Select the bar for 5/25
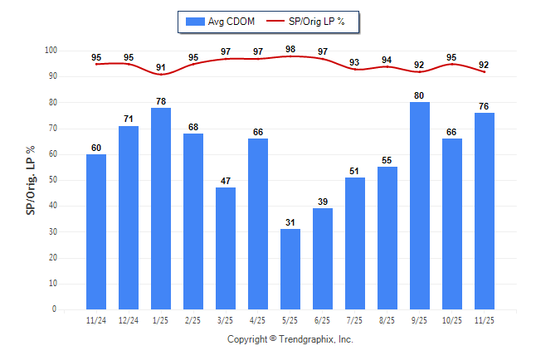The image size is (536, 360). [290, 269]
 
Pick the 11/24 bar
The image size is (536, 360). [96, 231]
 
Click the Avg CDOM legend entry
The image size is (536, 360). [219, 22]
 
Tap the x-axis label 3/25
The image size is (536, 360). [226, 319]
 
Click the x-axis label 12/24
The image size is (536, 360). [129, 319]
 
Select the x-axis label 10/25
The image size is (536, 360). [452, 319]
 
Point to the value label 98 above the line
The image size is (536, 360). [290, 49]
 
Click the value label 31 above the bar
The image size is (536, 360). [290, 222]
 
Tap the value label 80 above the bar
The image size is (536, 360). [420, 95]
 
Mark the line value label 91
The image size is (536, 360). [161, 67]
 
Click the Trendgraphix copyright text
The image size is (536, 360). [290, 339]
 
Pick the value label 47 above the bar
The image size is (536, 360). [226, 181]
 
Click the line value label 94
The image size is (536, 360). [387, 60]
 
